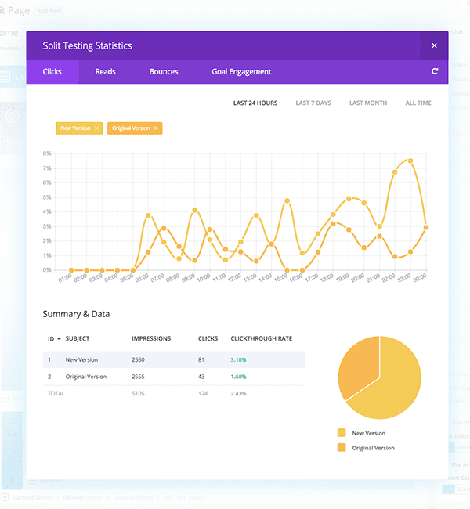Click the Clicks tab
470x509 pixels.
(x=52, y=72)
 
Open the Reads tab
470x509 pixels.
(x=105, y=72)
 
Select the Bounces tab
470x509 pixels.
(x=164, y=72)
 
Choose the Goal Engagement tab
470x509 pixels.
(x=241, y=72)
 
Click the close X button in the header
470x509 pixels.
(x=434, y=45)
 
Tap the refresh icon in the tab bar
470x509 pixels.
(x=435, y=72)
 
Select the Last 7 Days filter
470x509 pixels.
(x=313, y=103)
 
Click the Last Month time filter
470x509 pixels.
(x=368, y=103)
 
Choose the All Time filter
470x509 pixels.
(x=418, y=103)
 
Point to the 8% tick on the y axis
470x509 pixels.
(x=47, y=153)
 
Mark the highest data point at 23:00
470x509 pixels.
(x=410, y=161)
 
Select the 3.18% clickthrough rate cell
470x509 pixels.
(x=239, y=359)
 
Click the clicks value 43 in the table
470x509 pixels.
(x=202, y=377)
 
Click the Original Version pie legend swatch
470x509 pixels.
(x=341, y=448)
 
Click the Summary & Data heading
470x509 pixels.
(x=76, y=314)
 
